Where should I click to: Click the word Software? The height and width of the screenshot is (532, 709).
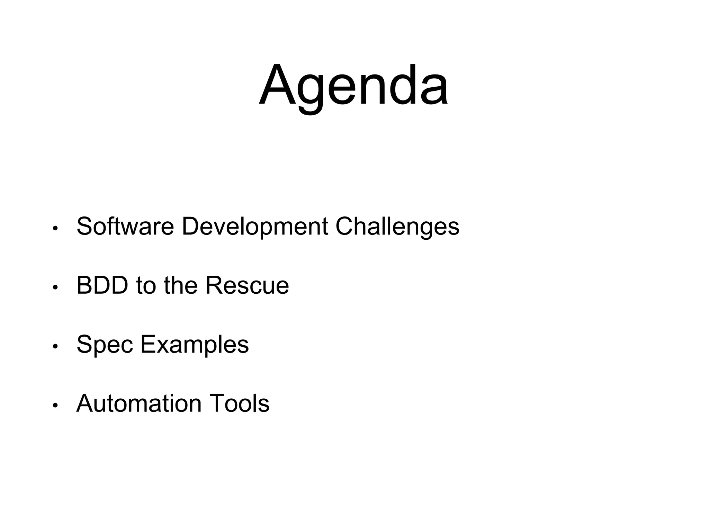pos(125,226)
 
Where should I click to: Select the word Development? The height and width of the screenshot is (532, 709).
pos(255,226)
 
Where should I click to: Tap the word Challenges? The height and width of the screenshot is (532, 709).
pos(397,226)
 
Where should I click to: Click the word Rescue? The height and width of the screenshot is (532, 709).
pos(247,285)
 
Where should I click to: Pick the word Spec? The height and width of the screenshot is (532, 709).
pos(105,345)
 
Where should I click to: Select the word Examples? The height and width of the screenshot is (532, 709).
pos(194,345)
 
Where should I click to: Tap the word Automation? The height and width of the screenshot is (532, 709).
pos(139,404)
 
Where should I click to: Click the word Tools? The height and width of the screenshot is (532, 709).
pos(239,404)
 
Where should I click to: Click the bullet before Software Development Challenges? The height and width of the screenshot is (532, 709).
pos(55,229)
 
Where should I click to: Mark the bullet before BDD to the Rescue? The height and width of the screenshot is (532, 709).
pos(55,288)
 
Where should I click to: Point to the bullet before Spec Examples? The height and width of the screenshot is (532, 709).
pos(55,347)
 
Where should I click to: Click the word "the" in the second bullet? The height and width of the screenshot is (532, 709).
pos(181,285)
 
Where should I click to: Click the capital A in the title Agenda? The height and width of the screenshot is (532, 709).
pos(276,85)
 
